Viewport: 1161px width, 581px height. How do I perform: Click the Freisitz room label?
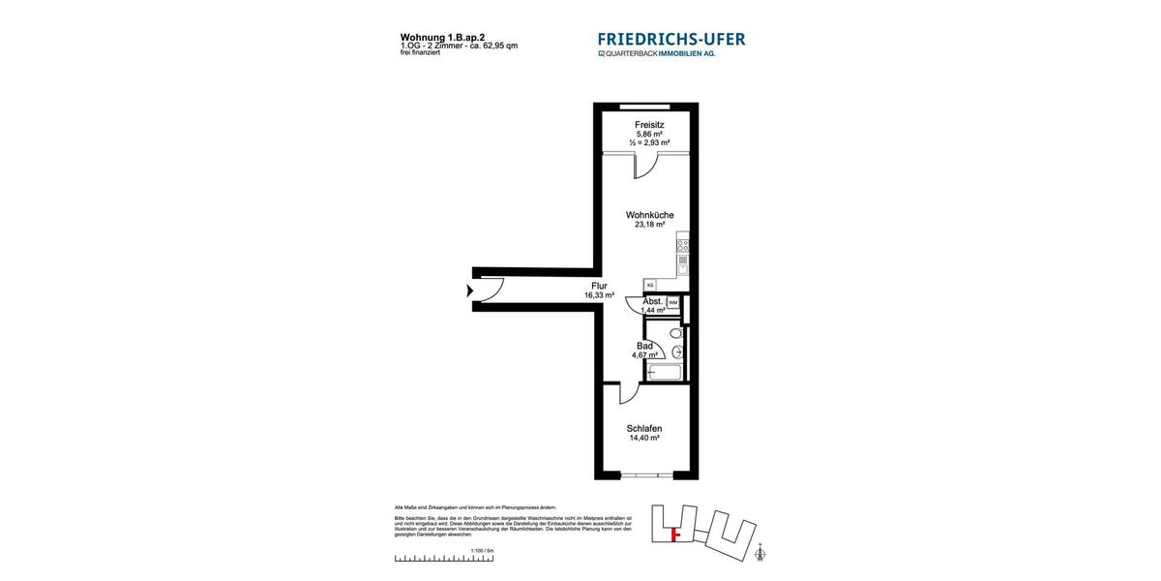[649, 125]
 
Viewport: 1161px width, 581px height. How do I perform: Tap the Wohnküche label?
[649, 215]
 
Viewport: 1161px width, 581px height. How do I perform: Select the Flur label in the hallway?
[599, 287]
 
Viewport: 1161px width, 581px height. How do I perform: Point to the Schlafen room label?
[643, 428]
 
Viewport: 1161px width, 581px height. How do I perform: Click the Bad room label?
[644, 346]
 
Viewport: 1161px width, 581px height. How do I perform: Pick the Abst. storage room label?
[653, 301]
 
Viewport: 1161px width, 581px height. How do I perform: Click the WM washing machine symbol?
[672, 303]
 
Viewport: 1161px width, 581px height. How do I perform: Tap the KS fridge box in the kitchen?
[650, 285]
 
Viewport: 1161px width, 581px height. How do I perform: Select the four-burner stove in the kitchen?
[682, 245]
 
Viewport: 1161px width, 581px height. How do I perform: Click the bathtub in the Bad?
[666, 373]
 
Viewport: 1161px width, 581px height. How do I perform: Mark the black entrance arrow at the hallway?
[470, 290]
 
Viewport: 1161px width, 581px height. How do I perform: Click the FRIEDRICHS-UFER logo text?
[671, 40]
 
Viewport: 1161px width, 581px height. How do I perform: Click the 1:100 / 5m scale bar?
[444, 559]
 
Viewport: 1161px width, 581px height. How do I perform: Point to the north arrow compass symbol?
[759, 553]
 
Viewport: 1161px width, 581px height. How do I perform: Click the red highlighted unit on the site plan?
[676, 533]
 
